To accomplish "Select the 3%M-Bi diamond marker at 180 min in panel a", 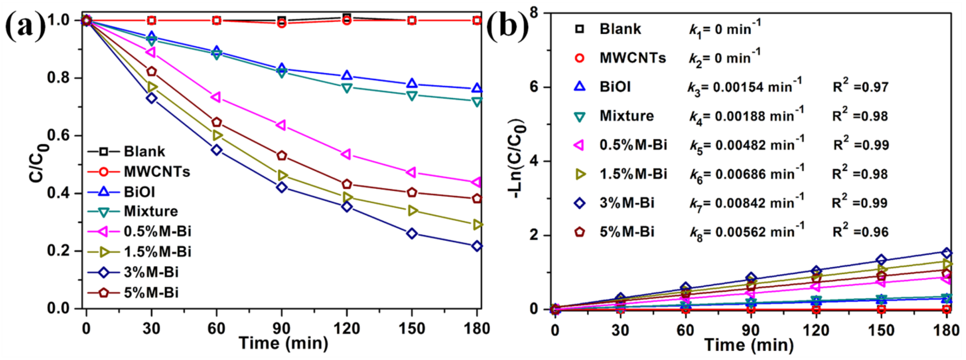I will (x=477, y=246).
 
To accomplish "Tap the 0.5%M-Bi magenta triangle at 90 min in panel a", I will (x=281, y=125).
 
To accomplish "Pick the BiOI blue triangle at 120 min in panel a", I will (x=347, y=75).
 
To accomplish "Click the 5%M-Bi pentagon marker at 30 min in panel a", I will (x=151, y=71).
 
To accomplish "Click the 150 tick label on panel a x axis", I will (x=412, y=329).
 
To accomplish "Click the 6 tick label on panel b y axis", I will (x=534, y=87).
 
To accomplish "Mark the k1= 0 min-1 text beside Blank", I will (x=724, y=29).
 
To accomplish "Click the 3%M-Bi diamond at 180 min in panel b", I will (x=946, y=253).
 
